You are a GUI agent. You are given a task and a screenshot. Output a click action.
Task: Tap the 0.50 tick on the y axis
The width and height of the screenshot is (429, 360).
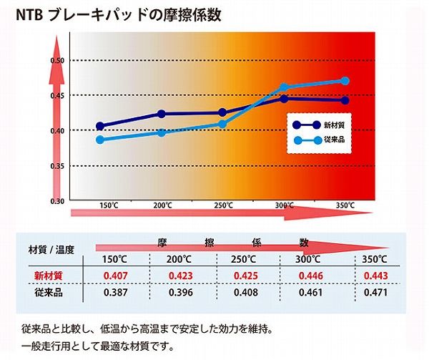coord(57,60)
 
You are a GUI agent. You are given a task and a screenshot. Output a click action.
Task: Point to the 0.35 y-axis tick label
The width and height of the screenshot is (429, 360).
coord(57,166)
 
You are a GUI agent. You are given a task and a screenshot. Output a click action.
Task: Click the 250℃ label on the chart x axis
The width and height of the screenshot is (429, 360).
coord(224,206)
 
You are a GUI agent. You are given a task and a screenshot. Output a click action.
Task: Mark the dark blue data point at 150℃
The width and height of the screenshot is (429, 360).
coord(100,126)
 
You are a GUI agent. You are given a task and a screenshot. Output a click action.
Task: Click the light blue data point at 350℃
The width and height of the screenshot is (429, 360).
coord(345,81)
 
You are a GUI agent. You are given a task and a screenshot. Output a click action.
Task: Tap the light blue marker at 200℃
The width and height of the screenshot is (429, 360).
coord(162,132)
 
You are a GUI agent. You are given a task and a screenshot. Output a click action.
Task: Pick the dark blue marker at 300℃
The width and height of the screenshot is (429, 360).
coord(284,99)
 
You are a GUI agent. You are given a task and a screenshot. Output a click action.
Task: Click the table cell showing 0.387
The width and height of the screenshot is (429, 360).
coord(115,293)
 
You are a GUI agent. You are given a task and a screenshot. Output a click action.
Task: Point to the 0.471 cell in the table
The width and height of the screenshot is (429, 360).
coord(375,293)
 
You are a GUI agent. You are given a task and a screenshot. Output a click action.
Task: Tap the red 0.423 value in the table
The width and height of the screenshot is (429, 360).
coord(182,275)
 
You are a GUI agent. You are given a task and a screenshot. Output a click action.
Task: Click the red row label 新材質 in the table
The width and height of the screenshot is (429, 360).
coord(49,275)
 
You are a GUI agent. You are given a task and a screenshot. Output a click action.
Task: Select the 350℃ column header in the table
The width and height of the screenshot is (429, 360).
coord(375,258)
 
